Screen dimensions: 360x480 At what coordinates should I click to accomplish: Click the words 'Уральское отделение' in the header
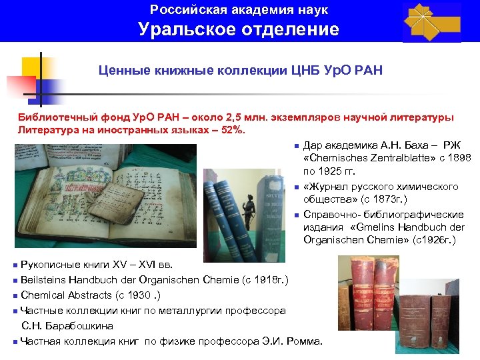(x=239, y=29)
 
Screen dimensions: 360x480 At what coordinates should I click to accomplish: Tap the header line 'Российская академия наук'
(x=239, y=10)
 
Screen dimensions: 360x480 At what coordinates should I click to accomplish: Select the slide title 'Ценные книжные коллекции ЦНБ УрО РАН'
(x=241, y=70)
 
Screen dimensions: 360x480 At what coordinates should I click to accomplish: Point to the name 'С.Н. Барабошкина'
(x=67, y=326)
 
